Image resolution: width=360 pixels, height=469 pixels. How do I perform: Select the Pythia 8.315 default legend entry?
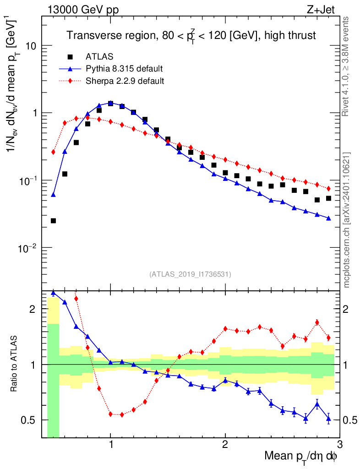pos(124,69)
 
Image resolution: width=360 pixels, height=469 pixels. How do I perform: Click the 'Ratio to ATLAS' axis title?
pos(15,365)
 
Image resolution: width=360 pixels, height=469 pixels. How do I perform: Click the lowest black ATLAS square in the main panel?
pos(53,221)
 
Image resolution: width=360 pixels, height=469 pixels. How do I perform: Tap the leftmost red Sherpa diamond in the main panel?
pos(53,152)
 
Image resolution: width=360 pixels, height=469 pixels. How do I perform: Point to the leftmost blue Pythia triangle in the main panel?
pos(53,195)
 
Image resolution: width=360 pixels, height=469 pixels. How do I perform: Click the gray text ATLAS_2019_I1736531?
pos(190,274)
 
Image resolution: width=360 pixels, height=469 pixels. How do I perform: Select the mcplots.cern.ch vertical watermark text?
pos(348,220)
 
